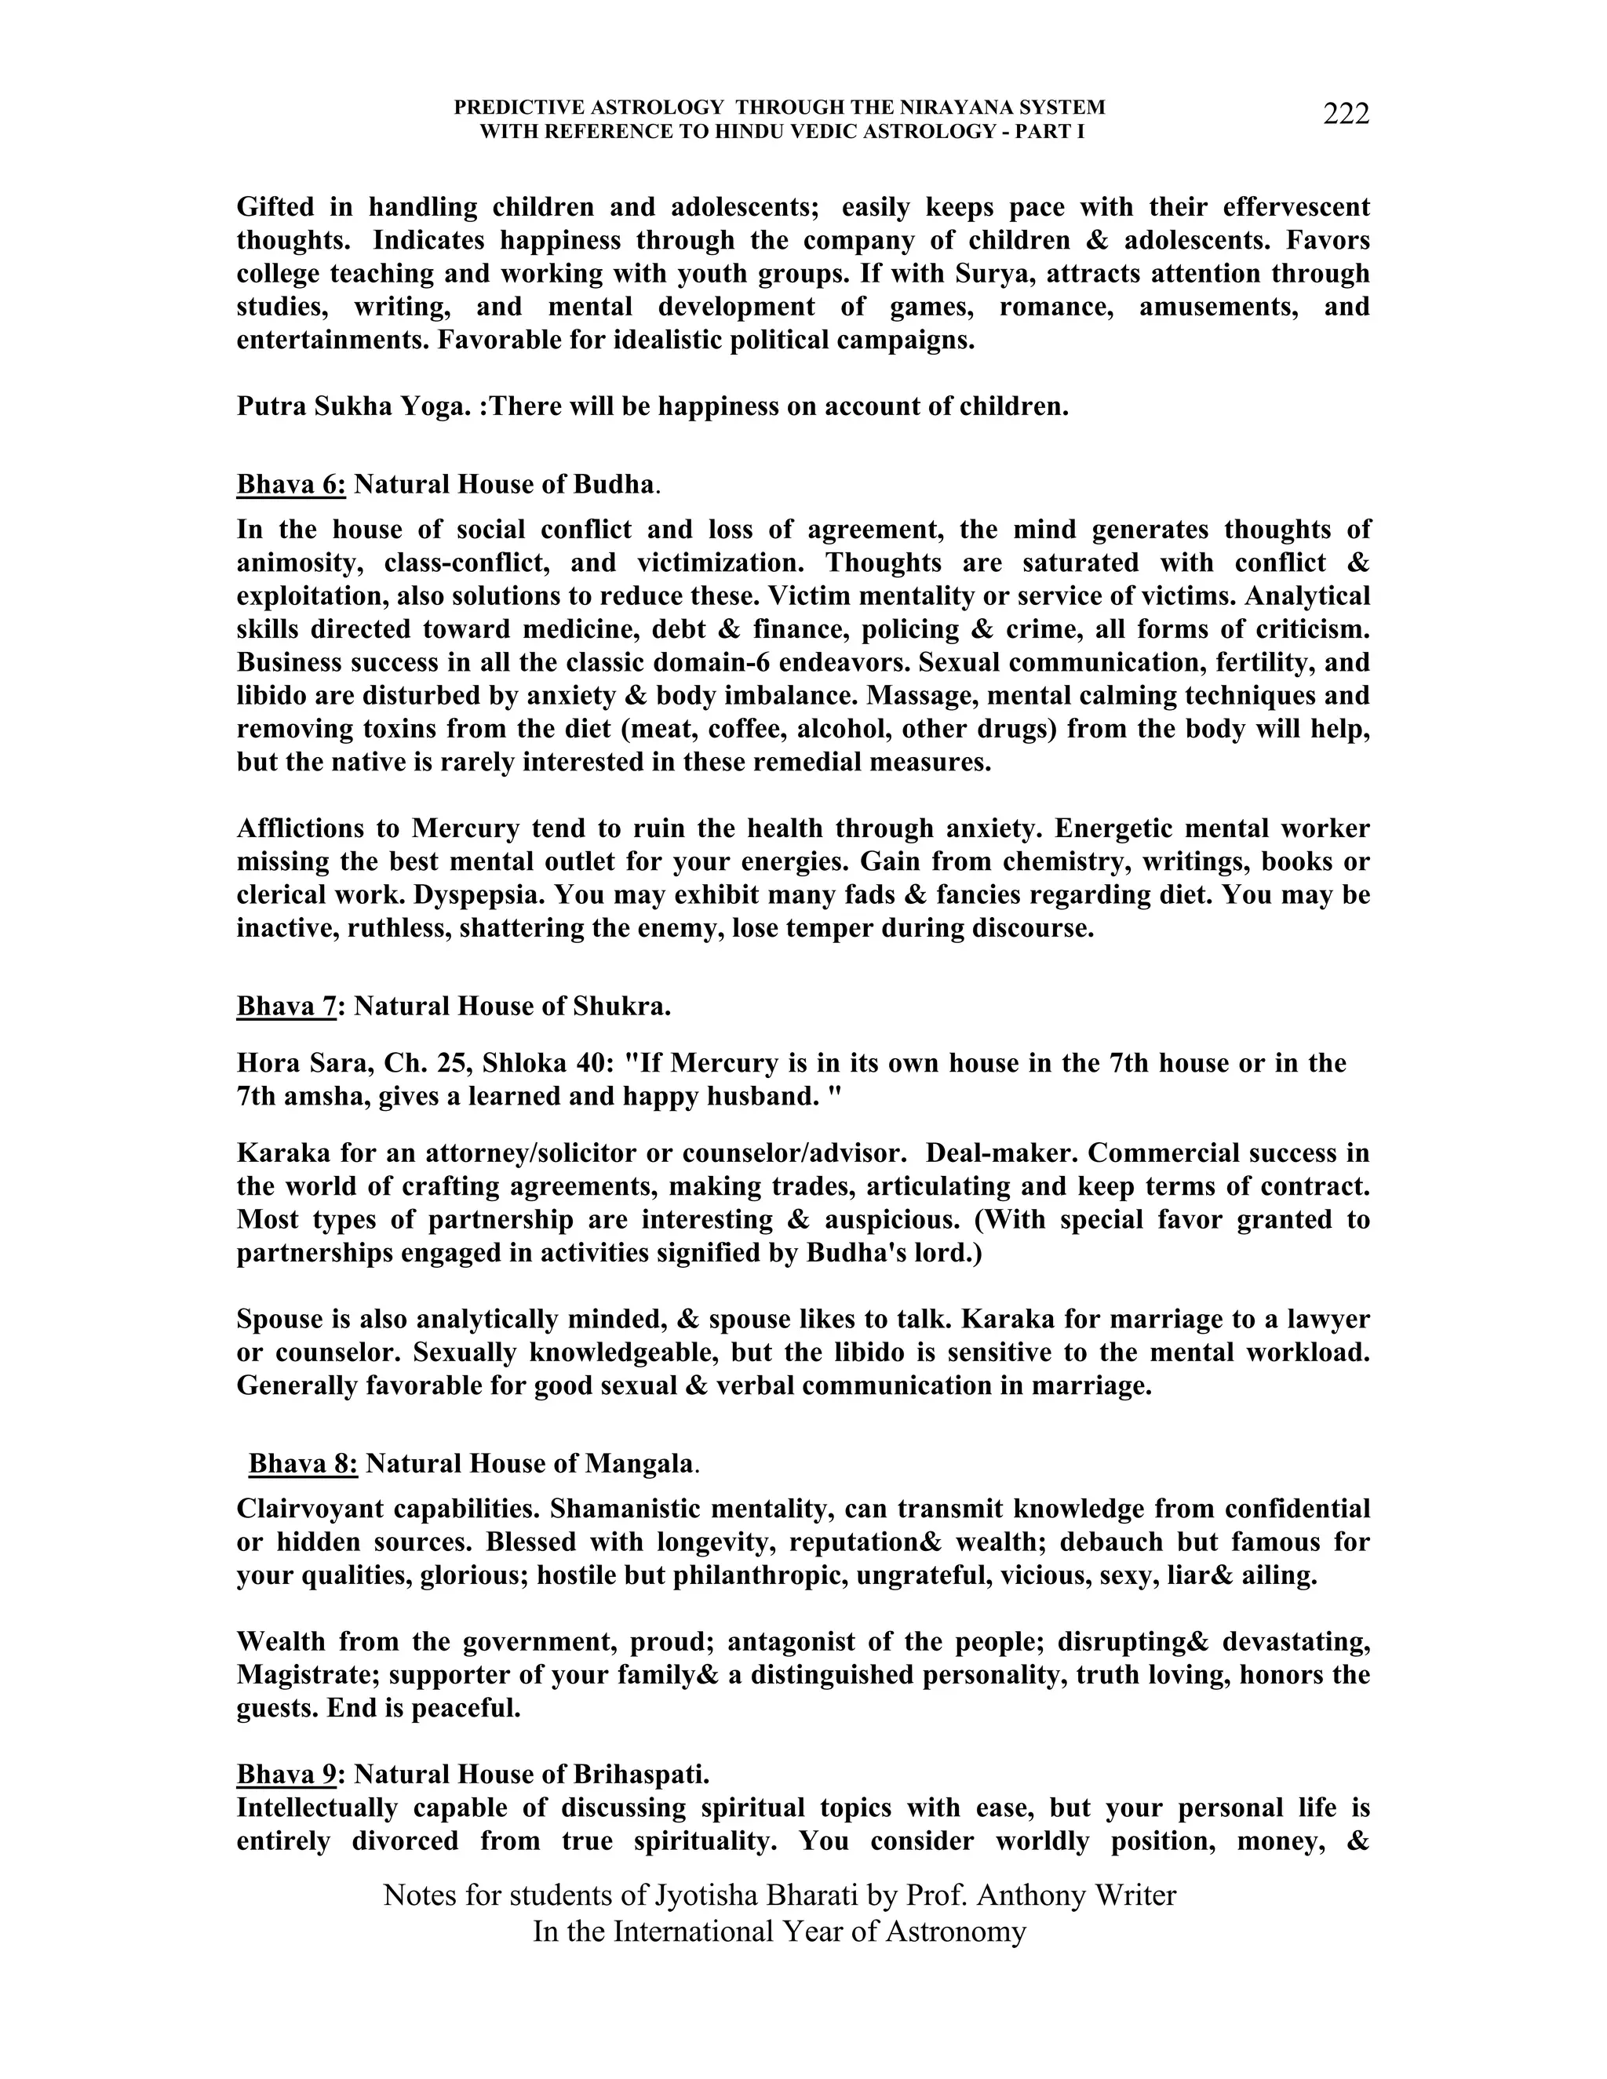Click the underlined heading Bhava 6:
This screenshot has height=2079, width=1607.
[x=290, y=485]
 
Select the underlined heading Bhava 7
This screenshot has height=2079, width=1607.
[x=286, y=1007]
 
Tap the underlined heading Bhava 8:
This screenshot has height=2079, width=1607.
[x=303, y=1463]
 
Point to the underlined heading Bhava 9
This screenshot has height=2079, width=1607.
[x=286, y=1775]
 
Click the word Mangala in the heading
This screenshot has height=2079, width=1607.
[x=639, y=1463]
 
